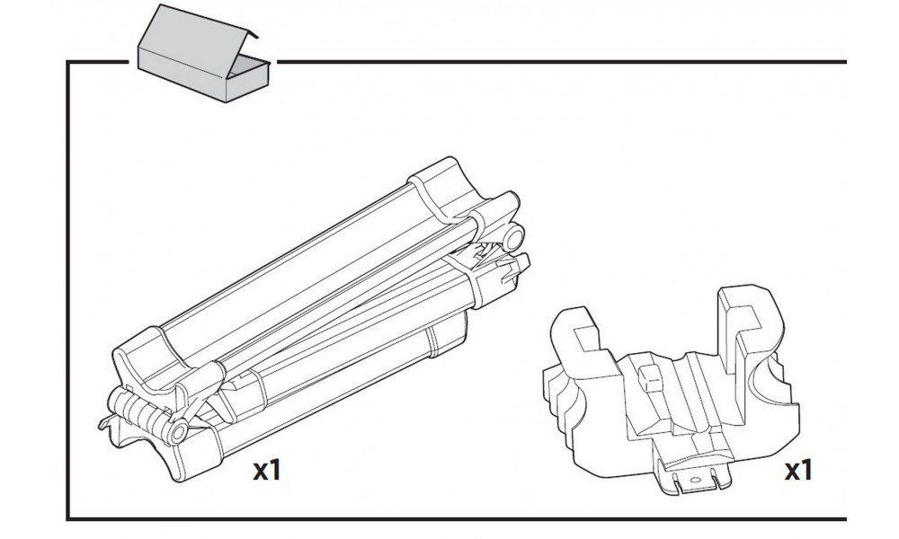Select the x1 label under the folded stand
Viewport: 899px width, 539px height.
(x=265, y=469)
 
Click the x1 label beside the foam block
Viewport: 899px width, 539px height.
(x=797, y=469)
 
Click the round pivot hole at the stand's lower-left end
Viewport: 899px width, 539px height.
(x=178, y=433)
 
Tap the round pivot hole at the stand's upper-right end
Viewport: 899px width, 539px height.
(x=513, y=237)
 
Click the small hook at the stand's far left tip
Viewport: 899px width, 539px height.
(x=102, y=422)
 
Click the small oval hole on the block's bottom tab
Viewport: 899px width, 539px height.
(x=691, y=480)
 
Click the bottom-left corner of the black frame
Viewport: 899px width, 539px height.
(x=69, y=517)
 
